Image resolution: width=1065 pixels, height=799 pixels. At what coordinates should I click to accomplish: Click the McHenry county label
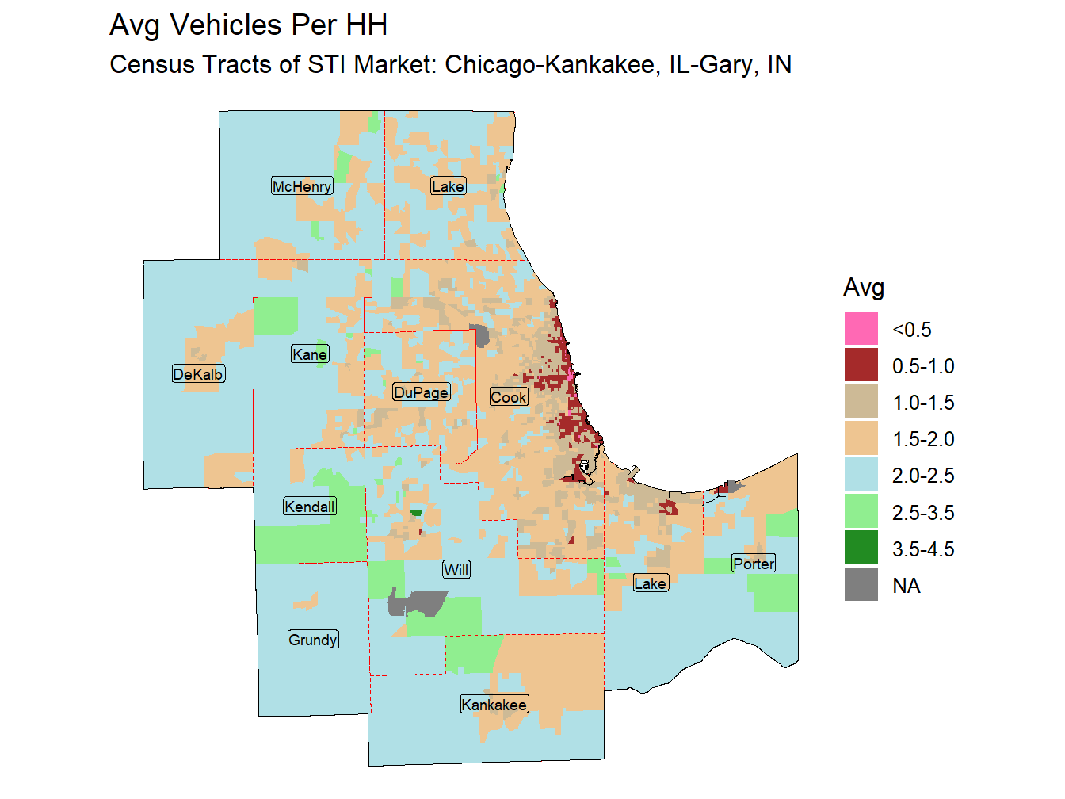pos(302,186)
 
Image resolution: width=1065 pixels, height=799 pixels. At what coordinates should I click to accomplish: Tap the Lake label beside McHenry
pos(448,186)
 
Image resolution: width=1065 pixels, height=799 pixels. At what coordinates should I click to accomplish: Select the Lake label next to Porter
pos(650,583)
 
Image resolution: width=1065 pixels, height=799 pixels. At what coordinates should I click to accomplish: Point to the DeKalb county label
pos(198,374)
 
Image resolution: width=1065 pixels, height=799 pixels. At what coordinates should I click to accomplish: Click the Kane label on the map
pos(309,354)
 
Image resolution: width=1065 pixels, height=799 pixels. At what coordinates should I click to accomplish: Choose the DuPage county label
pos(421,392)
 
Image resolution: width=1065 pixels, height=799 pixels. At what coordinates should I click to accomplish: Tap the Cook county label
pos(508,397)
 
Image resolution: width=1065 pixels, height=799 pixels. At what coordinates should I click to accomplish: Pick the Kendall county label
pos(310,507)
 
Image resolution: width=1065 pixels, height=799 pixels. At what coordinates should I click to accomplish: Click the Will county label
pos(456,570)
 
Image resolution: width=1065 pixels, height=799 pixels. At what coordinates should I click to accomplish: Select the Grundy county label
pos(313,640)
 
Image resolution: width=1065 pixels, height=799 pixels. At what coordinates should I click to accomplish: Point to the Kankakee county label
pos(494,705)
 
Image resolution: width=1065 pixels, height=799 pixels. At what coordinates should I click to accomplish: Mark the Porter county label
pos(753,564)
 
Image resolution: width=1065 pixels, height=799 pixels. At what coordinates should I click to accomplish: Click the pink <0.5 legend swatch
pos(861,329)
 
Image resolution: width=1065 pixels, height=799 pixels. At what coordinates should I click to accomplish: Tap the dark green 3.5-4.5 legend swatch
pos(861,549)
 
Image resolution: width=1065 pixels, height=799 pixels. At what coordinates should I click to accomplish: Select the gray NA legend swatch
pos(861,585)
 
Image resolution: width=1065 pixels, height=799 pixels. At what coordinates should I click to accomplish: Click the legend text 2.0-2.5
pos(922,476)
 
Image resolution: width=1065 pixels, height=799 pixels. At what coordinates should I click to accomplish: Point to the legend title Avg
pos(863,287)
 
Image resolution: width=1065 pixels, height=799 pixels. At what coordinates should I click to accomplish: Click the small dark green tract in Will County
pos(416,513)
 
